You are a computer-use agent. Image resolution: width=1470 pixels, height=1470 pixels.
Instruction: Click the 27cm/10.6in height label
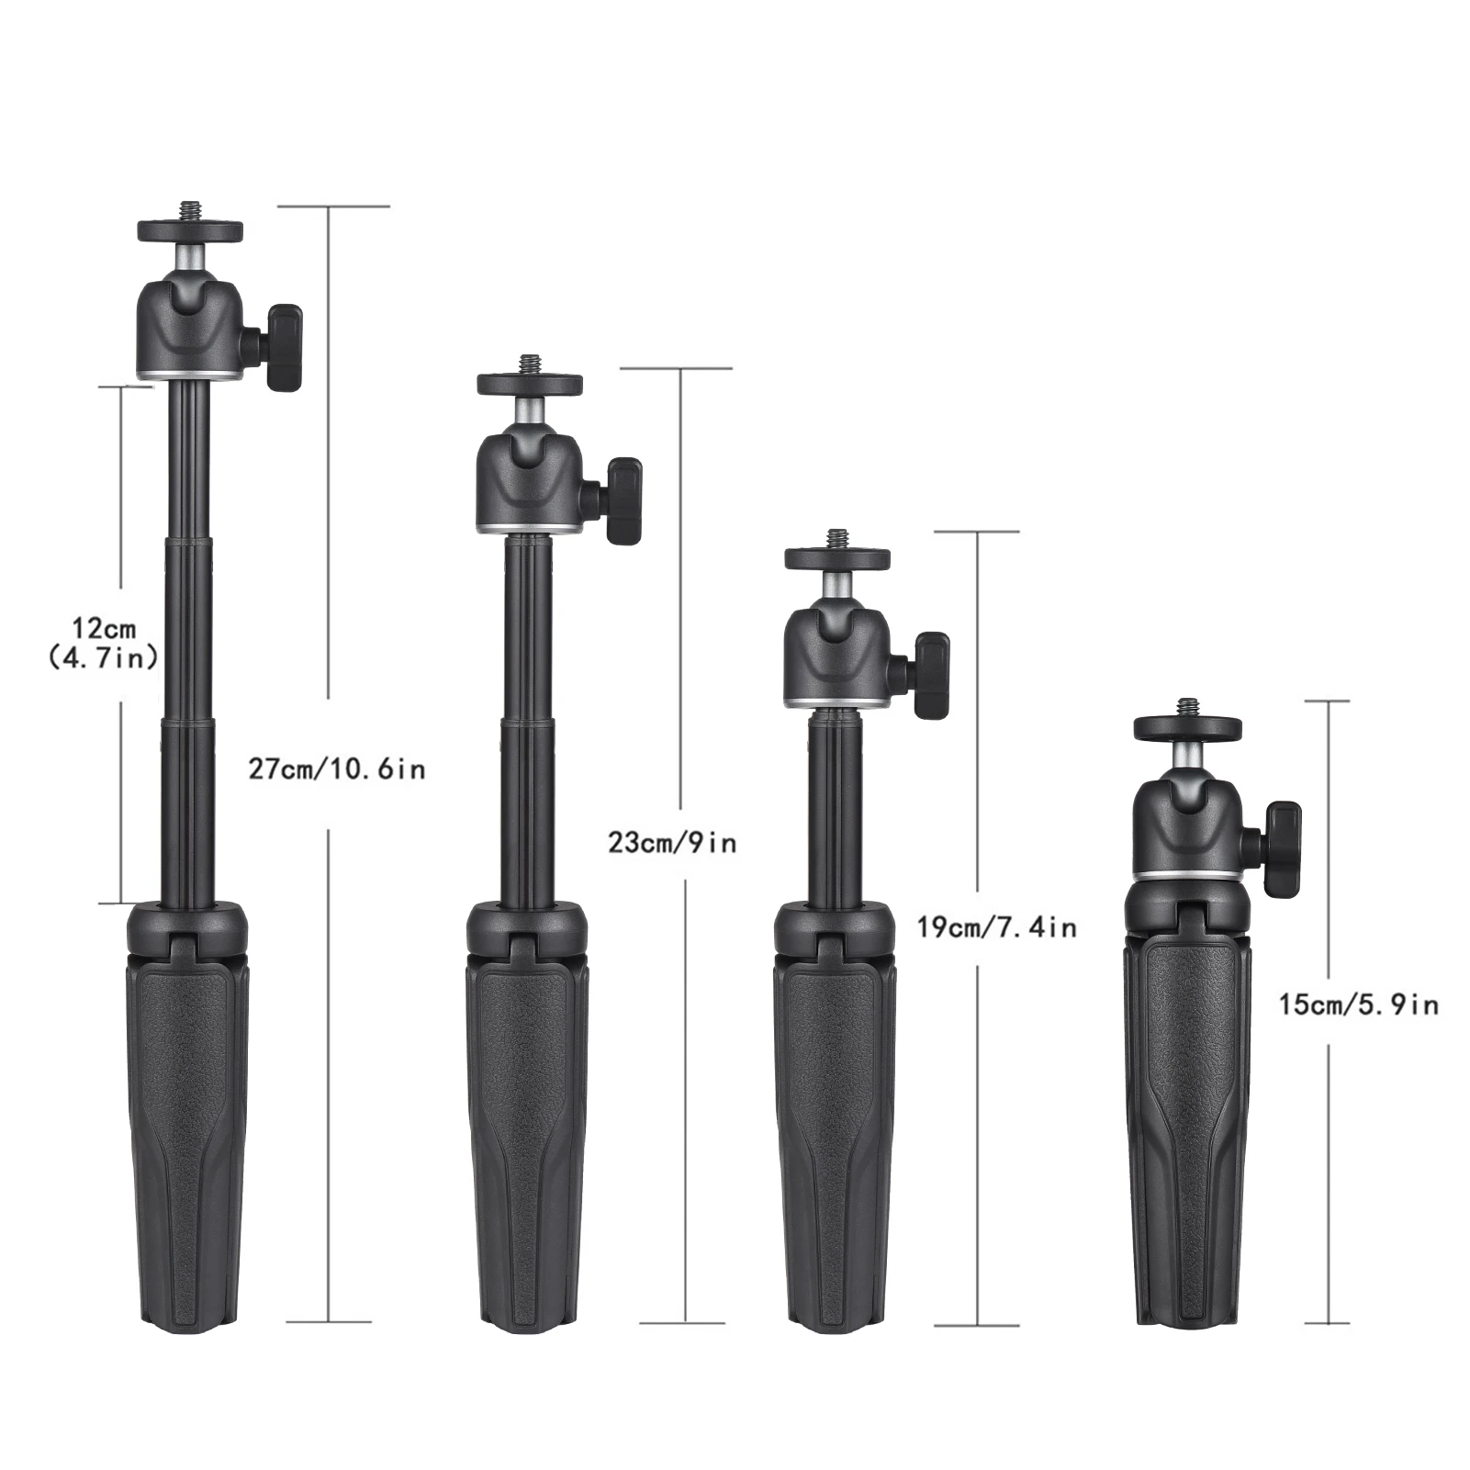coord(337,768)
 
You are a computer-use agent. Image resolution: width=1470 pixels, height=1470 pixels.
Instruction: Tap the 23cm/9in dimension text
coord(672,842)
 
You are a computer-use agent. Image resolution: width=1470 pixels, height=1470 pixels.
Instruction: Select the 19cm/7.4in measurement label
coord(996,927)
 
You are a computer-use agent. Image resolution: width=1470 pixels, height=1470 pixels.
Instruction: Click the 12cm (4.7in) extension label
coord(104,643)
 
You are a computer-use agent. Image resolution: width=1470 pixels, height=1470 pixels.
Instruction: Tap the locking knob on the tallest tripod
coord(281,346)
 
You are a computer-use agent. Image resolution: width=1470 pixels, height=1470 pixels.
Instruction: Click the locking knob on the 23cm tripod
coord(619,500)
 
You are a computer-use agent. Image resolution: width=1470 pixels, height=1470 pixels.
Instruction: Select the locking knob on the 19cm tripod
coord(928,674)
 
